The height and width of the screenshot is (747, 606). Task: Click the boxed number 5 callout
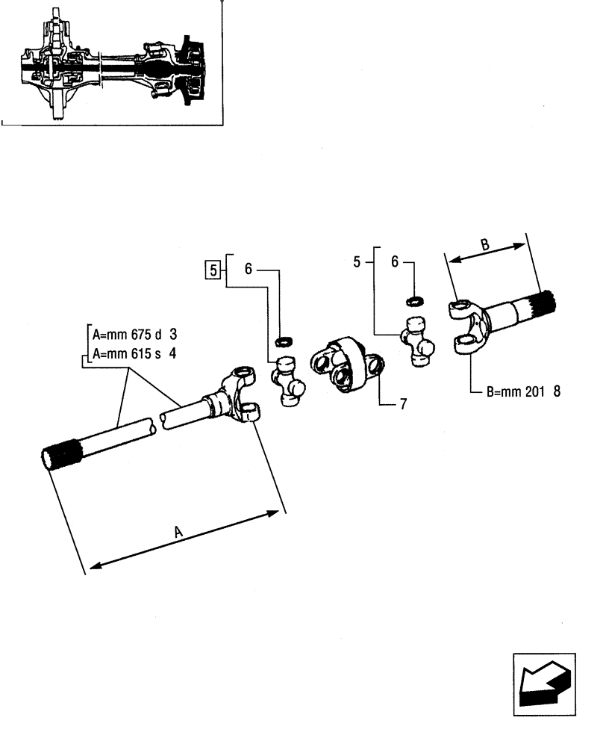coord(213,270)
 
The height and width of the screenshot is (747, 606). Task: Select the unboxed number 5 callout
coord(357,261)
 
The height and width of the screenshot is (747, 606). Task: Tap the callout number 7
coord(403,404)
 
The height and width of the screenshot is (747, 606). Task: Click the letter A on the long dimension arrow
coord(178,531)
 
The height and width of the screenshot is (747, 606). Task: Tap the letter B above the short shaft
coord(484,244)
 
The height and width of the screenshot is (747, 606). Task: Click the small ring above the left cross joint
coord(283,342)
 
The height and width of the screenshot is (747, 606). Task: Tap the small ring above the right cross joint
coord(415,301)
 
